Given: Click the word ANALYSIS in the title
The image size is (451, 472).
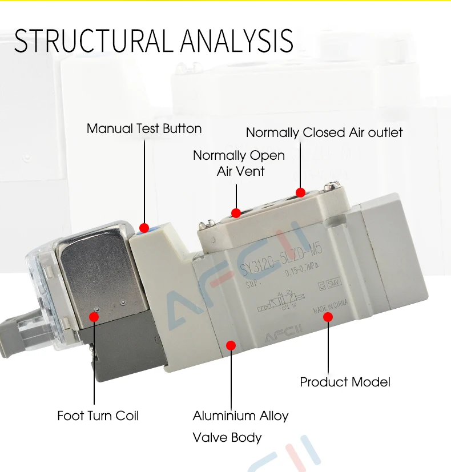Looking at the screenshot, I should (237, 41).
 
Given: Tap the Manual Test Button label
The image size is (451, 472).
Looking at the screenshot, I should (144, 128).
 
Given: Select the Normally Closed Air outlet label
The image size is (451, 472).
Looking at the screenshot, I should (324, 133).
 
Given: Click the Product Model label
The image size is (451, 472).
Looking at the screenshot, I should (345, 382).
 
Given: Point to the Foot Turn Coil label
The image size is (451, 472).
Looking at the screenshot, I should (98, 415).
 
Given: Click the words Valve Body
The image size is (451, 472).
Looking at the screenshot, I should (227, 438).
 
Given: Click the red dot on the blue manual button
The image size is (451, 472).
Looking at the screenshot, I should (144, 227).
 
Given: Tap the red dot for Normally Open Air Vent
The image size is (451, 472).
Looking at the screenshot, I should (236, 213).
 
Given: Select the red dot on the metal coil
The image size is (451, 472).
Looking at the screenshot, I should (94, 315).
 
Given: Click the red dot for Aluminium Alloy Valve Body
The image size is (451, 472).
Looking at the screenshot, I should (231, 345).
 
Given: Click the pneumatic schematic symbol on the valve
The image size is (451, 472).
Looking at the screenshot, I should (280, 301).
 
